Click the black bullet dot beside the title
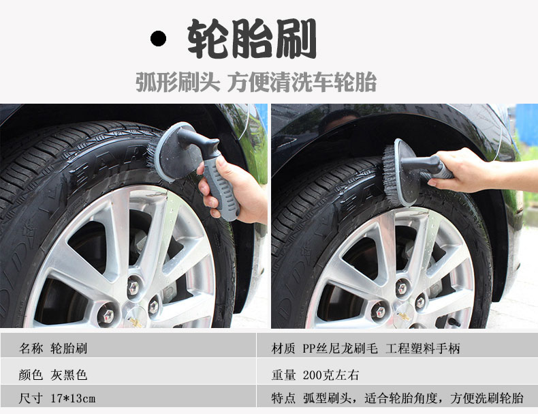click(x=158, y=38)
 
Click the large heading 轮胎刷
click(x=252, y=38)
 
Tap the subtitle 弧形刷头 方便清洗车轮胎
click(x=256, y=82)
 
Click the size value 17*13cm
click(x=73, y=398)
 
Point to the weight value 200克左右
click(x=331, y=375)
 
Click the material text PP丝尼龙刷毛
click(x=340, y=349)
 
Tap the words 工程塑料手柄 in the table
click(x=422, y=349)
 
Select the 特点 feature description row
click(x=397, y=398)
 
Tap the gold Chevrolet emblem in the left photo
click(x=136, y=322)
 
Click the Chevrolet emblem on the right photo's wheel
click(x=404, y=316)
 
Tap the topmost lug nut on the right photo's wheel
click(x=402, y=287)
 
